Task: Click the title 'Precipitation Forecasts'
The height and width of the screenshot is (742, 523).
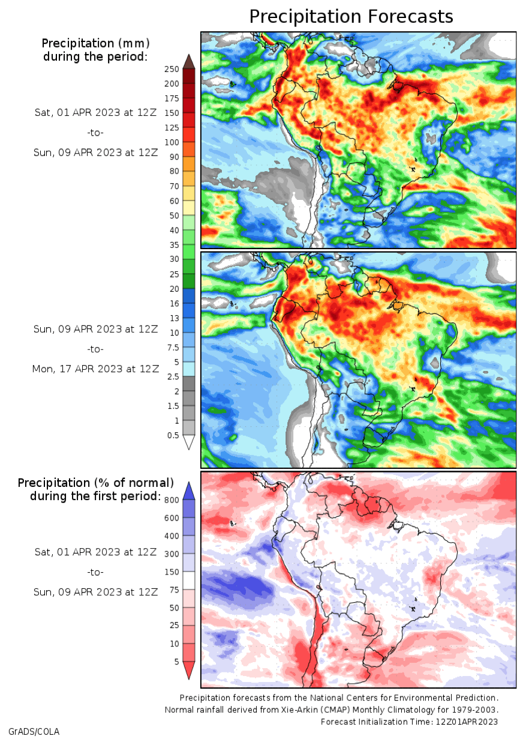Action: (351, 17)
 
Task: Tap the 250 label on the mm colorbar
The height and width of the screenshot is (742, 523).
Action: (172, 69)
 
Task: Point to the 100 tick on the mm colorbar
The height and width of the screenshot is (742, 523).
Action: (172, 142)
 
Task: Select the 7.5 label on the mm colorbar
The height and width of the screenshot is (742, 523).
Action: (173, 348)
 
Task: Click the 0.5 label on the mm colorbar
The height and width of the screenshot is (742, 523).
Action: (173, 435)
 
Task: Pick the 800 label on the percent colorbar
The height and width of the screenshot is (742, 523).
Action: (172, 500)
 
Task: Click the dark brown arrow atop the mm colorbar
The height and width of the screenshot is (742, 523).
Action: (189, 62)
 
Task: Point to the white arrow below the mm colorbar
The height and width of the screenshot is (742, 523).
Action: (189, 442)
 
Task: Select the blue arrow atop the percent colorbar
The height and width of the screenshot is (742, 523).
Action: (189, 490)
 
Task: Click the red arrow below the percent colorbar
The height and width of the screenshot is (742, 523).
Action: (189, 670)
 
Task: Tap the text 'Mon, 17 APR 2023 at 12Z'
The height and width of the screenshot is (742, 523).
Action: (95, 369)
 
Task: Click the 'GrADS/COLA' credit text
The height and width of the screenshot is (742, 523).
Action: (34, 732)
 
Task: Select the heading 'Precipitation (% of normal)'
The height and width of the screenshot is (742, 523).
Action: (95, 483)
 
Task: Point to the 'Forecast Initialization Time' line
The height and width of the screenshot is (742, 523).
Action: (409, 722)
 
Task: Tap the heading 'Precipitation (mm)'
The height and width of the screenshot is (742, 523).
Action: (95, 43)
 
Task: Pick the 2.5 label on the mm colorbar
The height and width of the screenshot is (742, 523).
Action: (173, 376)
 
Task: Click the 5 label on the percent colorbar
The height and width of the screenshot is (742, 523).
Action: (176, 662)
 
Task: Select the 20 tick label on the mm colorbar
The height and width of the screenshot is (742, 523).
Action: (174, 289)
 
